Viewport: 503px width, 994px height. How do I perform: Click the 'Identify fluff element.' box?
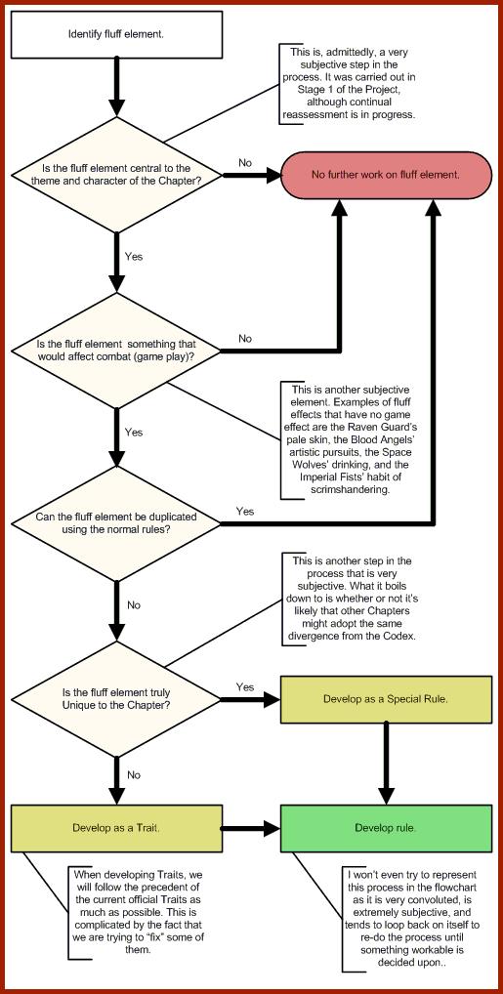coord(116,33)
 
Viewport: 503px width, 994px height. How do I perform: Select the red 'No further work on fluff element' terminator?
coord(387,175)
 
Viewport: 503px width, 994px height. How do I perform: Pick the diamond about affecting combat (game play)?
coord(116,350)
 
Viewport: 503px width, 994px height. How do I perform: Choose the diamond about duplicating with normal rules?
coord(116,523)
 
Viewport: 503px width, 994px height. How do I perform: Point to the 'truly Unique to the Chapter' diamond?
coord(116,698)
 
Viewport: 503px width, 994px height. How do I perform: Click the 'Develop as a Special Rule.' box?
coord(387,699)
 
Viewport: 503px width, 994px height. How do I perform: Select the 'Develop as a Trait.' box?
coord(116,828)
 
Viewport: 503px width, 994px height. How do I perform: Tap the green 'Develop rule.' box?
coord(387,828)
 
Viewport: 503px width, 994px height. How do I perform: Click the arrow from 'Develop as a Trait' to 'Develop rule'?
coord(251,828)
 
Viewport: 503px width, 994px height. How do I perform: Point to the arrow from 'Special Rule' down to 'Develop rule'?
coord(387,764)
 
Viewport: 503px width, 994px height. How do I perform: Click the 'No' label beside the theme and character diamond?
coord(245,163)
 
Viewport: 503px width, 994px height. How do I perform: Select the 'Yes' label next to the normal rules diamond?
coord(245,511)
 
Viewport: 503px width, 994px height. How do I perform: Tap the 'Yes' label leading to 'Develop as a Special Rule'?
coord(245,687)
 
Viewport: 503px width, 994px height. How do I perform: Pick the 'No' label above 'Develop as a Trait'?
coord(134,774)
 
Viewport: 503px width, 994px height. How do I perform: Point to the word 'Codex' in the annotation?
coord(398,636)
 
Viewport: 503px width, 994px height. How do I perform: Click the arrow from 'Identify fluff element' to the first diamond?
coord(116,86)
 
